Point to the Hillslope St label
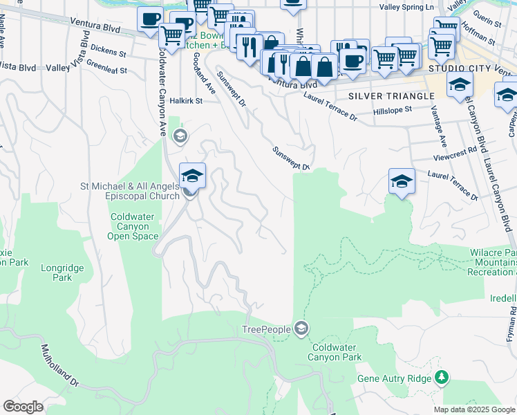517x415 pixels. (392, 109)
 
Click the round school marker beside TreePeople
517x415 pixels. (301, 328)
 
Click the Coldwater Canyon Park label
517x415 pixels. (337, 352)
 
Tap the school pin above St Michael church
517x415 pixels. (193, 175)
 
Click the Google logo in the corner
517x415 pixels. (23, 406)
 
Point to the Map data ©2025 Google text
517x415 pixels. (474, 409)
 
